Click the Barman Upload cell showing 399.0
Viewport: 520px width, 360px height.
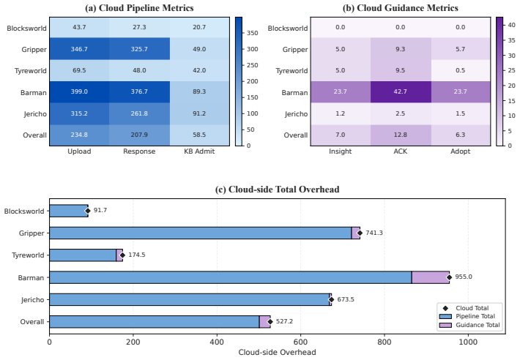[79, 92]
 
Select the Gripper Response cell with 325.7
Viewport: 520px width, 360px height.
[139, 49]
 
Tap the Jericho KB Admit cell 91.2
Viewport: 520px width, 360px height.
[199, 113]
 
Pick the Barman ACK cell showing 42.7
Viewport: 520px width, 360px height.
[401, 92]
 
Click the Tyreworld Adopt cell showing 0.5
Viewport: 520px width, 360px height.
[460, 70]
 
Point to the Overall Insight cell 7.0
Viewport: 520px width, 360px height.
[341, 135]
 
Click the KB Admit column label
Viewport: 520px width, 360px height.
[199, 151]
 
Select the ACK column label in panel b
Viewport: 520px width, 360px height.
[401, 151]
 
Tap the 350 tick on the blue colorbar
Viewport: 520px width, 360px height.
[253, 33]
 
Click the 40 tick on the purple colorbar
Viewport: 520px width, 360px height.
[511, 25]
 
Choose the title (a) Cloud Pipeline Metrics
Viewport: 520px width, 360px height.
[139, 8]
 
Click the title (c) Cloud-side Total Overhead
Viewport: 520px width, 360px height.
[278, 190]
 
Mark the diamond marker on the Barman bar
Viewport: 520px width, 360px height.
[449, 277]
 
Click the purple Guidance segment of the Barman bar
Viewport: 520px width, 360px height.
[431, 277]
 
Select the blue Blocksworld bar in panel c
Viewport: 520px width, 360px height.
[69, 211]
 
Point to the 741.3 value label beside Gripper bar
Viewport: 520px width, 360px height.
[374, 233]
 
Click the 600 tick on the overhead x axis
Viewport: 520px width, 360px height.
[301, 342]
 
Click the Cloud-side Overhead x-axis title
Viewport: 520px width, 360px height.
[278, 352]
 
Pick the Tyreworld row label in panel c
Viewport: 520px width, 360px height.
[28, 255]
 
